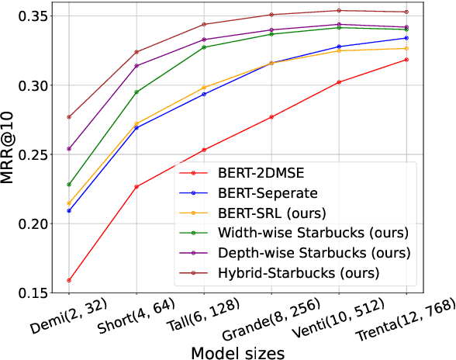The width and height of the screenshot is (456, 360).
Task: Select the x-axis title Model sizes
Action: [x=237, y=351]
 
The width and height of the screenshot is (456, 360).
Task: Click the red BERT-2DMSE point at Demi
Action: [x=69, y=280]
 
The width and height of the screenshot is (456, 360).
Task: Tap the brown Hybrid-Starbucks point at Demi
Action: [x=69, y=117]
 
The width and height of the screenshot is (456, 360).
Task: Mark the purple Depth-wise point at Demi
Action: [x=69, y=149]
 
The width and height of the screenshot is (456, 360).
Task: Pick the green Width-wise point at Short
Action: [x=136, y=92]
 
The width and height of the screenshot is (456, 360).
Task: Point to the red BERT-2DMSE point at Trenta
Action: [x=407, y=60]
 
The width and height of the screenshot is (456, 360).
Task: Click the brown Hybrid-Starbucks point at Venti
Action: [x=340, y=11]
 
